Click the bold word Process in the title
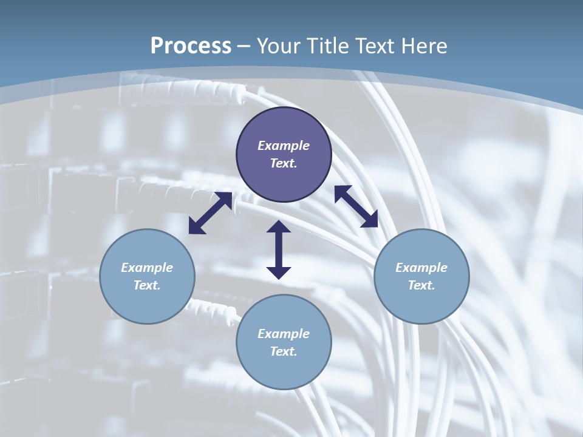coord(191,46)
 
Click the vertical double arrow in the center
coord(279,250)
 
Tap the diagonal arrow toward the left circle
coord(210,213)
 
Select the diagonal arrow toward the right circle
coord(356,206)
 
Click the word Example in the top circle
coord(284,146)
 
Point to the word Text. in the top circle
coord(284,163)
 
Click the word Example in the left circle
coord(147,268)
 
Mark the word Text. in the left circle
coord(147,285)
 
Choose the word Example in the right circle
coord(421,268)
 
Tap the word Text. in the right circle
coord(421,285)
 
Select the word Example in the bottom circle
coord(284,334)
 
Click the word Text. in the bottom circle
coord(284,351)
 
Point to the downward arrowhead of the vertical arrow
coord(279,272)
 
